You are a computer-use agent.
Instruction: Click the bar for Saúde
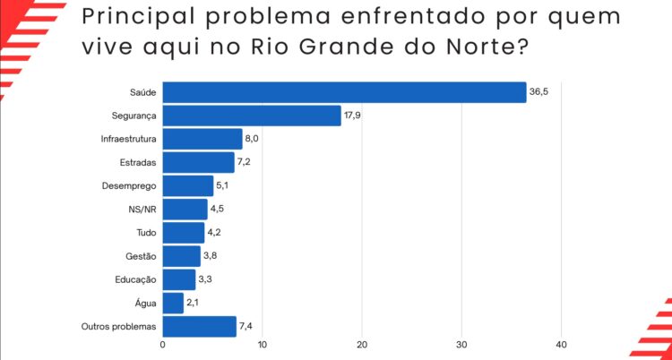344,92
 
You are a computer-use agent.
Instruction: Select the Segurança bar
252,116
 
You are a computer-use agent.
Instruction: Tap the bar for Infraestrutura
202,139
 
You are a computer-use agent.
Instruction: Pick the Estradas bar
198,162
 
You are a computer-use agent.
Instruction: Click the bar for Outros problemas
199,326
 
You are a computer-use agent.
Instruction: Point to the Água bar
173,303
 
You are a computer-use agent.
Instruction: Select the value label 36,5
538,92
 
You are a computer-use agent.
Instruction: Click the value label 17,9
353,116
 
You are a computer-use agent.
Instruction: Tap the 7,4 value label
248,326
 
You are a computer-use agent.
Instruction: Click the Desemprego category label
130,186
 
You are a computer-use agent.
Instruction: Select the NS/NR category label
143,210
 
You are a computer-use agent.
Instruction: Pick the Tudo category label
147,233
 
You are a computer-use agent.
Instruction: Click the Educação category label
136,279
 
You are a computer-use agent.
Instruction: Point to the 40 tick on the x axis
562,345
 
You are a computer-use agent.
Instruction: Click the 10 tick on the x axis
263,345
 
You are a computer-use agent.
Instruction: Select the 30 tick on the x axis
462,345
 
